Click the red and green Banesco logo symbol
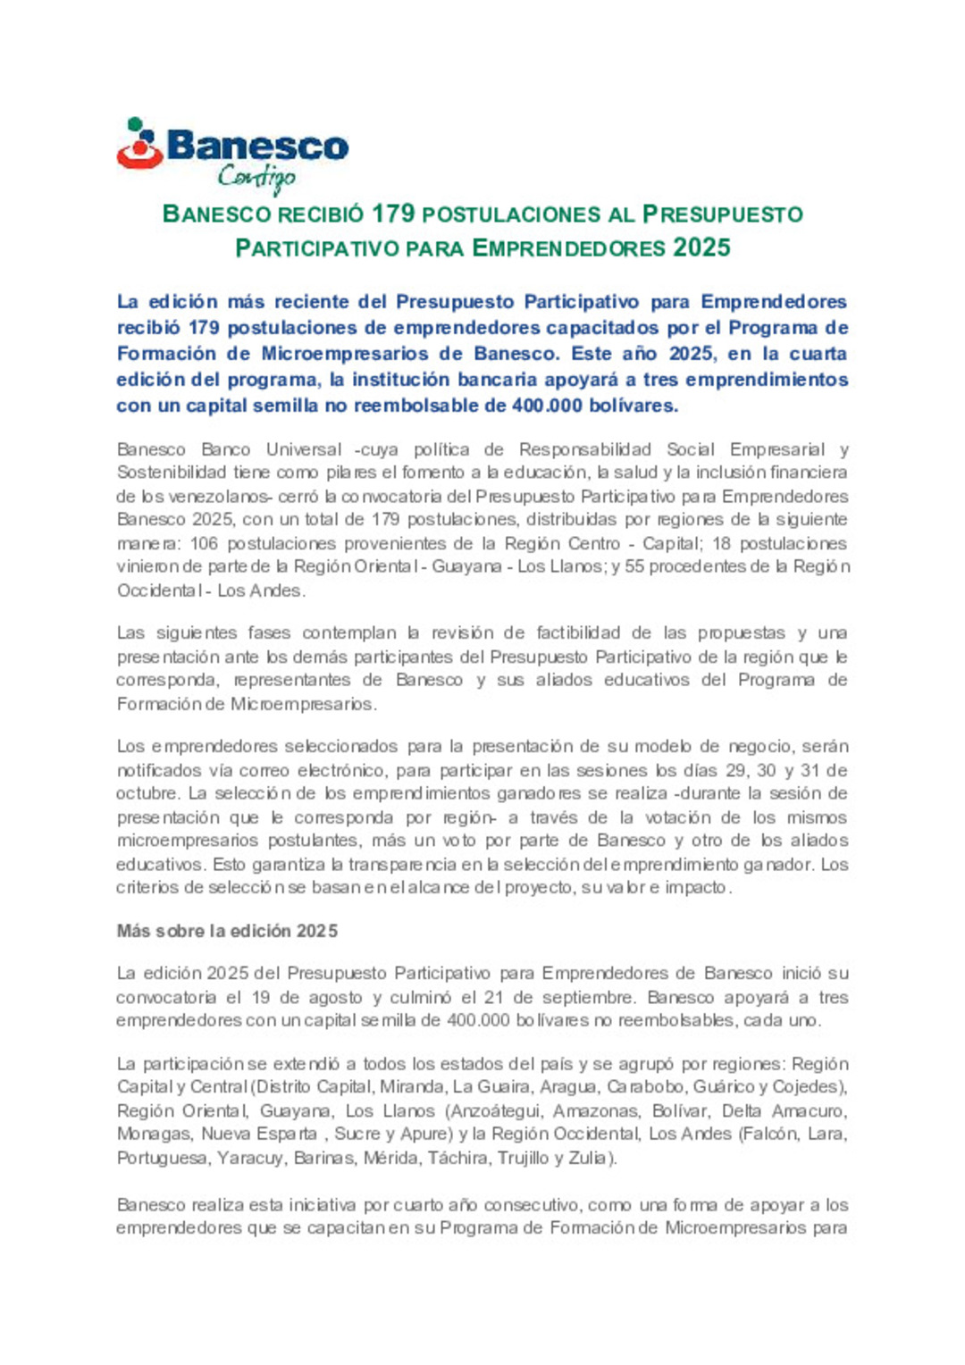(138, 144)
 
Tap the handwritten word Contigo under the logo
(256, 177)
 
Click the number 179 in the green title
(394, 214)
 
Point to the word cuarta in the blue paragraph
(818, 354)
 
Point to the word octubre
(147, 793)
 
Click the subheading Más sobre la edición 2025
(227, 931)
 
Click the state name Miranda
(412, 1087)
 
